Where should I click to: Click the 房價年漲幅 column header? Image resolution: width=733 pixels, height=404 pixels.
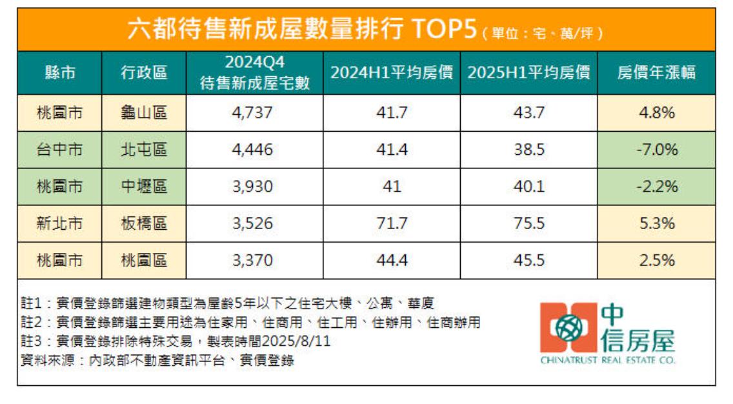(656, 72)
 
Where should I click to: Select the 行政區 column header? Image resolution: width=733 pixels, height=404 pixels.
(144, 72)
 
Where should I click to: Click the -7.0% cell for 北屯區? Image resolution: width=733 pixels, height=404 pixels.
(656, 150)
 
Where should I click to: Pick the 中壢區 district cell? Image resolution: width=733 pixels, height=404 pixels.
(144, 187)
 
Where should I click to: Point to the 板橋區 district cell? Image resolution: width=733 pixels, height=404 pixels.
(144, 224)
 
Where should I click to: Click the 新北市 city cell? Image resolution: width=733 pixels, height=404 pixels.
(59, 224)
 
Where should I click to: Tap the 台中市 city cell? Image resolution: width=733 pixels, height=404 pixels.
(59, 150)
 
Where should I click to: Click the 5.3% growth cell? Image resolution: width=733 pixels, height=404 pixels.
(656, 224)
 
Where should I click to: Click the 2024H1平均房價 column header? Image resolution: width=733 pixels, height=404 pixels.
(391, 72)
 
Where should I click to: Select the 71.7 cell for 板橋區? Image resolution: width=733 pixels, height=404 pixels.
(391, 224)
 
